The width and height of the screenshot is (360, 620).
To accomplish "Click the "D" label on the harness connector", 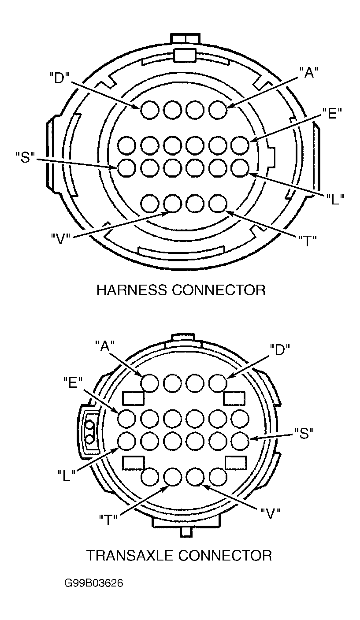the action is [59, 78].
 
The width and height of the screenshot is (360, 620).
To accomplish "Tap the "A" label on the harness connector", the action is [309, 73].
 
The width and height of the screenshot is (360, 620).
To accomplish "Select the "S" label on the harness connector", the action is [25, 157].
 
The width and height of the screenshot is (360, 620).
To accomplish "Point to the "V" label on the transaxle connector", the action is [271, 514].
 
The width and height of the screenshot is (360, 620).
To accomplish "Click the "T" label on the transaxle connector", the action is [108, 520].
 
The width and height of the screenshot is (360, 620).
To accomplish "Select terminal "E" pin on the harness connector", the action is [240, 145].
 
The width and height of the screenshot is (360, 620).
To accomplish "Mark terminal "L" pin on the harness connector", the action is [240, 168].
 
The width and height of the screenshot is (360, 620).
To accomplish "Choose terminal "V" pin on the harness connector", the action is [172, 204].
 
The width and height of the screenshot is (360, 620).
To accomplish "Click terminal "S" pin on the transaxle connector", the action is [240, 441].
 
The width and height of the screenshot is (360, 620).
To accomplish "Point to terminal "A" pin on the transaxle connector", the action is [150, 383].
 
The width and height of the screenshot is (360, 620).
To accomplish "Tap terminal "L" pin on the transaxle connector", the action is [127, 441].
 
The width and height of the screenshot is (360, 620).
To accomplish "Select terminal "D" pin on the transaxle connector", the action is [218, 383].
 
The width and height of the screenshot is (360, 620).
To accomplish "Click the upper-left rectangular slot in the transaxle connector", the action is [133, 398].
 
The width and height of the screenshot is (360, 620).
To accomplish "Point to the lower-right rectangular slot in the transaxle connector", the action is [236, 463].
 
